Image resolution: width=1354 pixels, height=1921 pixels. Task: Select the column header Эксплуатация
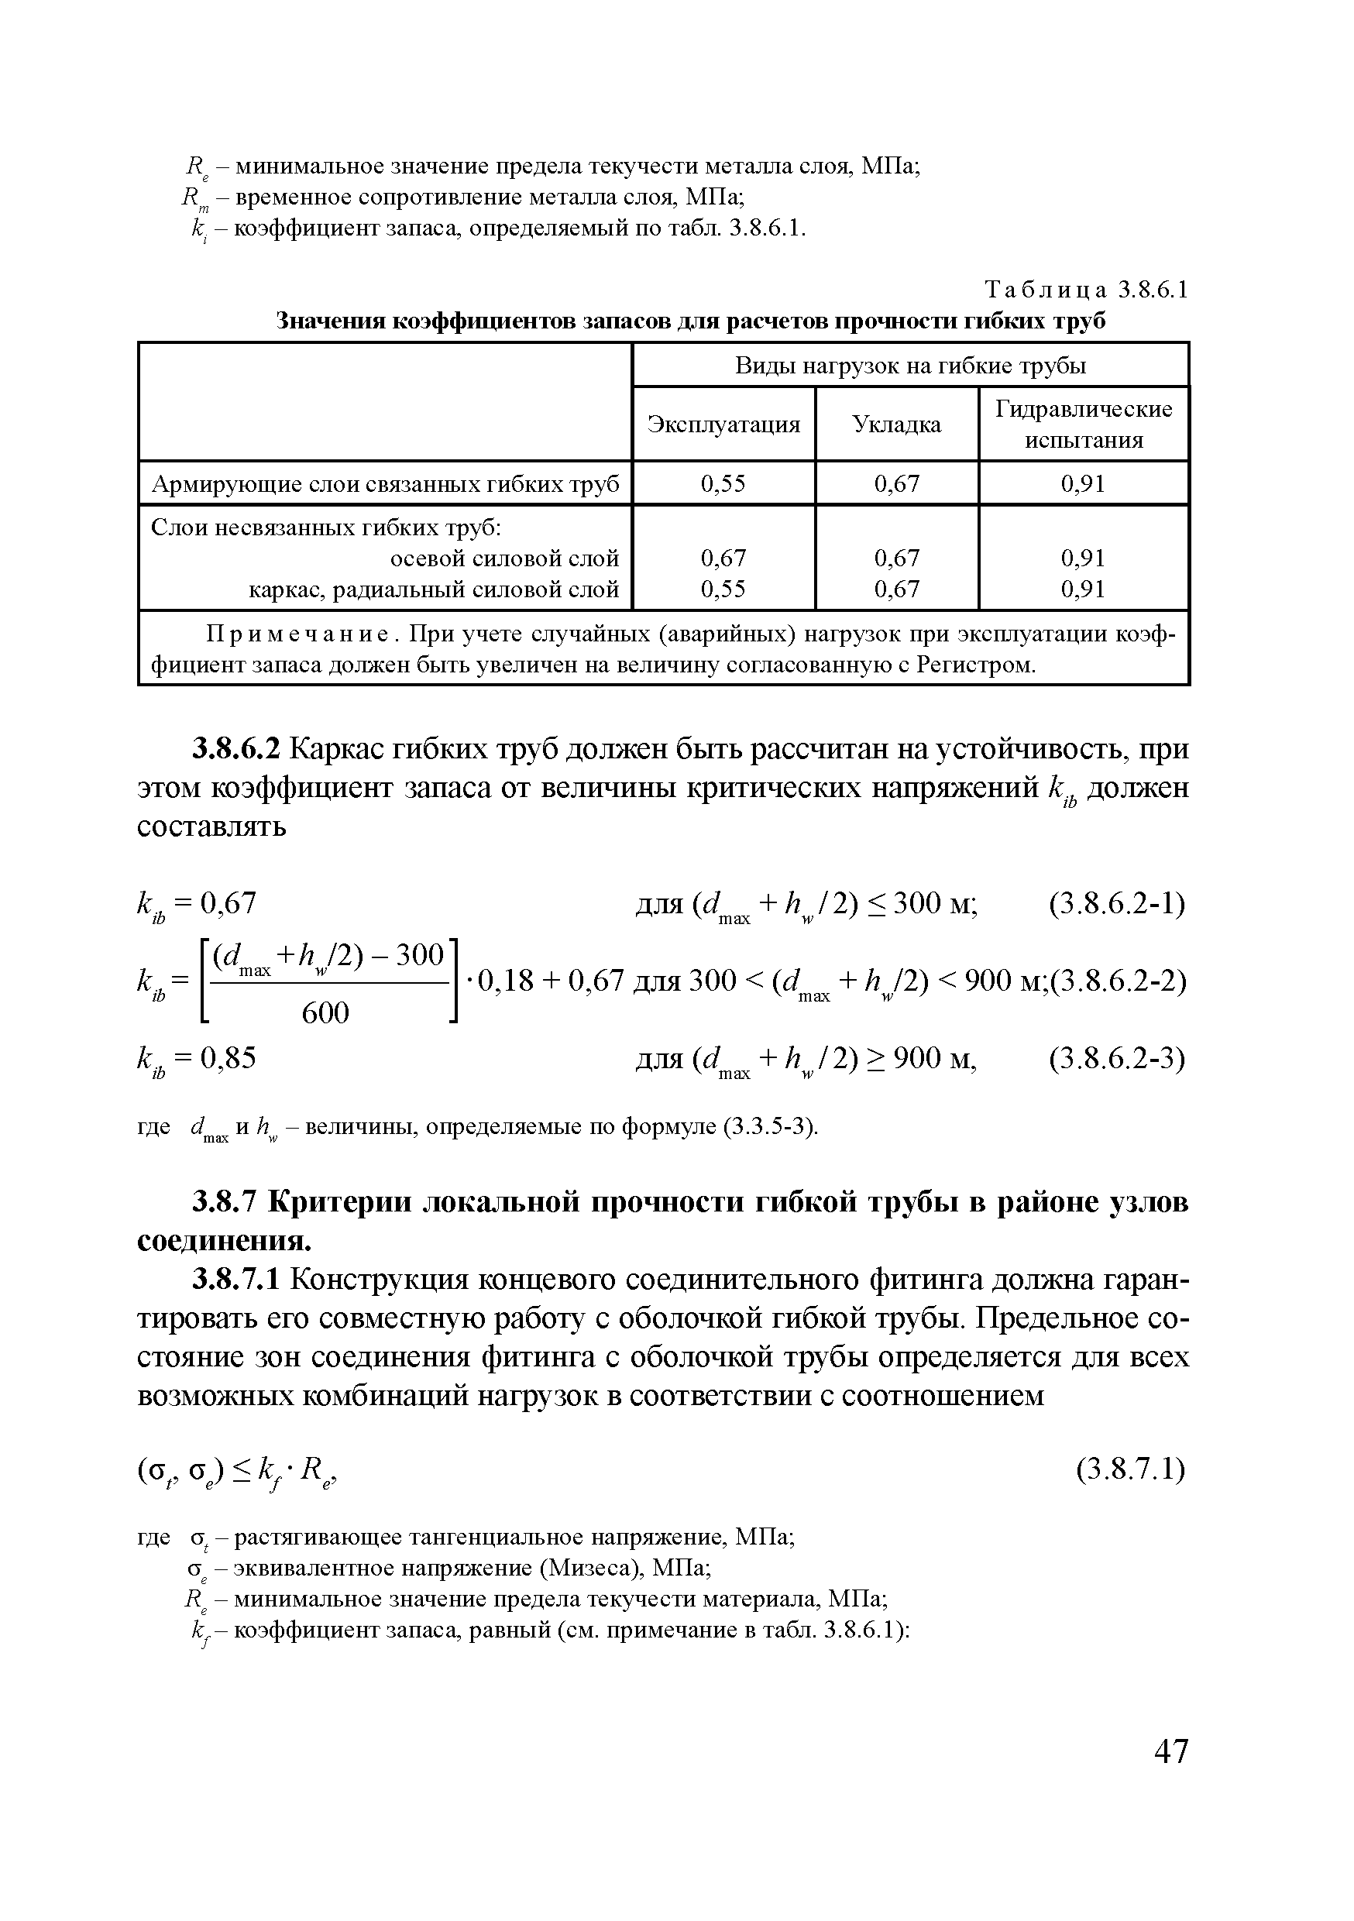(x=723, y=424)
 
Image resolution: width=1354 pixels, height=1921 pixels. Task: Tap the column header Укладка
(x=896, y=424)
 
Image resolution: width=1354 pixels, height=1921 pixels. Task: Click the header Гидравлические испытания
(x=1084, y=424)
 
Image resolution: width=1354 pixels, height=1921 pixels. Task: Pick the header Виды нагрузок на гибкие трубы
(x=910, y=366)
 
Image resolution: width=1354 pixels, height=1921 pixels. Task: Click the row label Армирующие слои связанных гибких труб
(x=385, y=483)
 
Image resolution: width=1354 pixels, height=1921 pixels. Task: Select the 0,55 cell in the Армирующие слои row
(x=723, y=483)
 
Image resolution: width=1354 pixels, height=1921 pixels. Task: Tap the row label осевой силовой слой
(x=504, y=558)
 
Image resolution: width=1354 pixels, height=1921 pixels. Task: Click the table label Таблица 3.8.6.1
(x=1086, y=290)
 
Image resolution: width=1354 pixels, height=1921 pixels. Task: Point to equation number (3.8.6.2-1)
(x=1116, y=905)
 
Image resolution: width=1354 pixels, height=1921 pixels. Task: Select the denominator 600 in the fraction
(x=325, y=1013)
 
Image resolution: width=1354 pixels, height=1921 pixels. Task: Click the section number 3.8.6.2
(x=238, y=749)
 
